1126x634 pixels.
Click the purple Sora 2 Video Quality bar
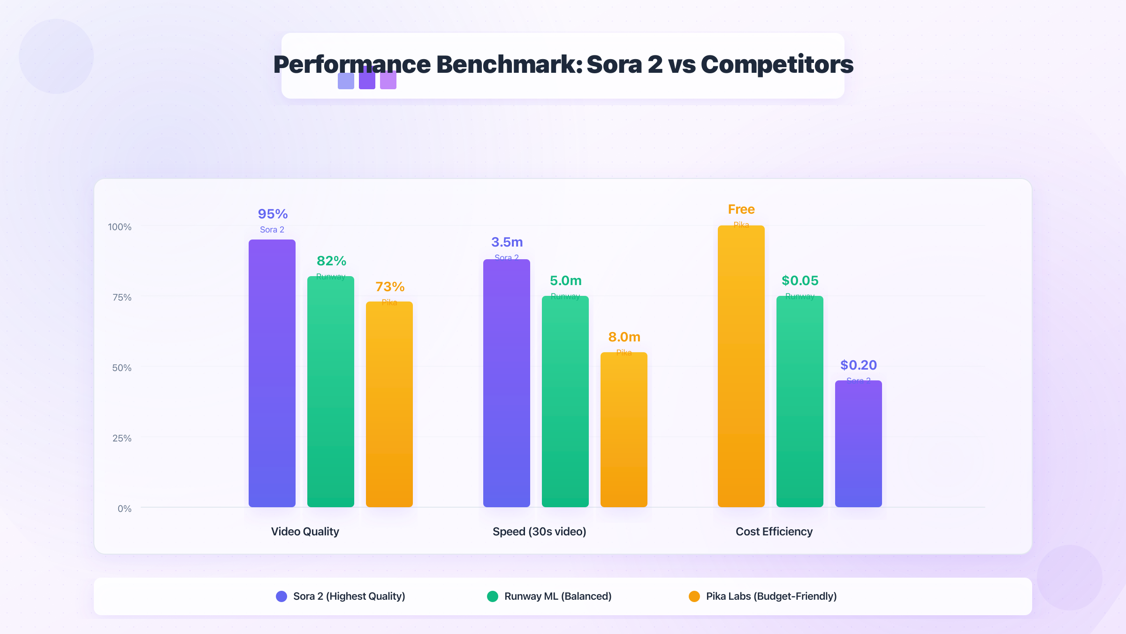click(x=272, y=373)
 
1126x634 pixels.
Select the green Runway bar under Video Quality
click(x=331, y=392)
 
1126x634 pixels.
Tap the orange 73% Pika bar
click(x=389, y=404)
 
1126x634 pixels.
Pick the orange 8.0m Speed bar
click(x=624, y=430)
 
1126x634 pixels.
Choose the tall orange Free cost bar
click(x=741, y=366)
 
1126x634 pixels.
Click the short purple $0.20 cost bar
click(x=859, y=444)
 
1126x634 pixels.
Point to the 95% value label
click(x=273, y=214)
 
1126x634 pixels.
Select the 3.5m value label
click(x=507, y=242)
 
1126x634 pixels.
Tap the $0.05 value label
click(x=800, y=281)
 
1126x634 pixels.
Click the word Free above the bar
click(x=741, y=209)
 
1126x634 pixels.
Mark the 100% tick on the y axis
click(x=120, y=227)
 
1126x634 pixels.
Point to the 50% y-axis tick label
click(x=122, y=368)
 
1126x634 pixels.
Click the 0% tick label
click(x=124, y=509)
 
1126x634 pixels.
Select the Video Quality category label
click(x=305, y=532)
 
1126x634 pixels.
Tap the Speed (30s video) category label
click(x=540, y=532)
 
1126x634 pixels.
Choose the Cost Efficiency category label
click(x=774, y=532)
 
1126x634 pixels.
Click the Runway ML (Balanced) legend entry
click(x=557, y=596)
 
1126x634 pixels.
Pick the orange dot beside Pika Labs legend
click(x=694, y=596)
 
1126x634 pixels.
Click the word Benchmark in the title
click(x=509, y=64)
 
